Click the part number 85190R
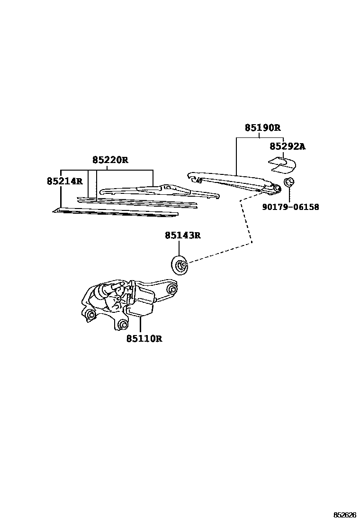[262, 128]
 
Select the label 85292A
[288, 146]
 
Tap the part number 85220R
[110, 160]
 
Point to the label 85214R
[64, 181]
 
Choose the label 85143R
[183, 236]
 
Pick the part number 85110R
[144, 338]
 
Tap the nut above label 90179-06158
[288, 182]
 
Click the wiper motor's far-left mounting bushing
[90, 314]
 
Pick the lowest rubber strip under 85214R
[116, 212]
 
